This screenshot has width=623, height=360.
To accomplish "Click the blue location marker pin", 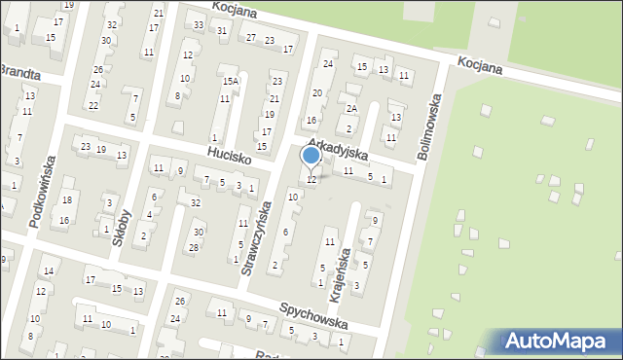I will pos(311,156).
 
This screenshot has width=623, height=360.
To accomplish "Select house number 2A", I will pos(352,109).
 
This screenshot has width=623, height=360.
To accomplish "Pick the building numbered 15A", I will pos(230,82).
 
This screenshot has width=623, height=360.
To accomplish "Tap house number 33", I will pos(199,24).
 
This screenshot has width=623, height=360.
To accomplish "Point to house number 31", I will pos(222,31).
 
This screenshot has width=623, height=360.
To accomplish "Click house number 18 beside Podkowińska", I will pos(66,199).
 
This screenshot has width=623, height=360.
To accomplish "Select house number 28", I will pos(193,247).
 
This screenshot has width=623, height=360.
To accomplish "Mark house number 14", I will pos(47,270).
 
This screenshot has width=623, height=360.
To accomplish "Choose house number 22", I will pos(93,105).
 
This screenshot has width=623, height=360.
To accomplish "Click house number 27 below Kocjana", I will pos(251,38).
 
